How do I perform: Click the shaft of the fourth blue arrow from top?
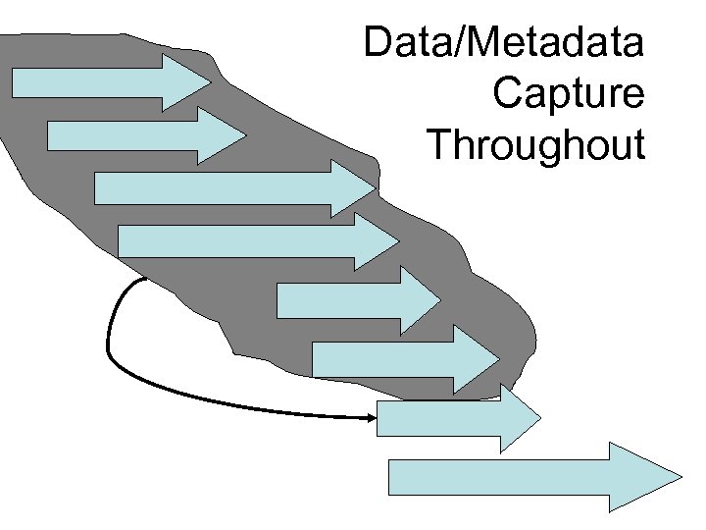(235, 241)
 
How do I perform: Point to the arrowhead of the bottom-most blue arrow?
(643, 477)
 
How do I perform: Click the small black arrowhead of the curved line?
(372, 418)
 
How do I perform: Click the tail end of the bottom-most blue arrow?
(391, 477)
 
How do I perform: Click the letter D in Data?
(377, 43)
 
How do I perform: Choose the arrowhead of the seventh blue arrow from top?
(520, 419)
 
